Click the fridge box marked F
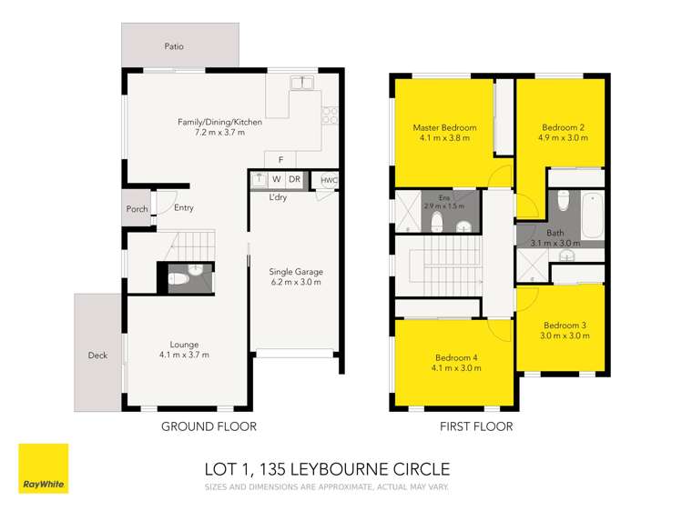(x=280, y=160)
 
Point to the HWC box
(x=329, y=180)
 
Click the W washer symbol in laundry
(x=276, y=179)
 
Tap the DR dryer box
(x=294, y=179)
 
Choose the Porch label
(x=137, y=209)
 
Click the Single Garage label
(x=295, y=272)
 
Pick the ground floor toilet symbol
(x=178, y=277)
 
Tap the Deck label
(x=98, y=356)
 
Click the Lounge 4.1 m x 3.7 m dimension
(x=184, y=355)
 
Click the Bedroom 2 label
(x=563, y=127)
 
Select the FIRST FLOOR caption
(x=476, y=426)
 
